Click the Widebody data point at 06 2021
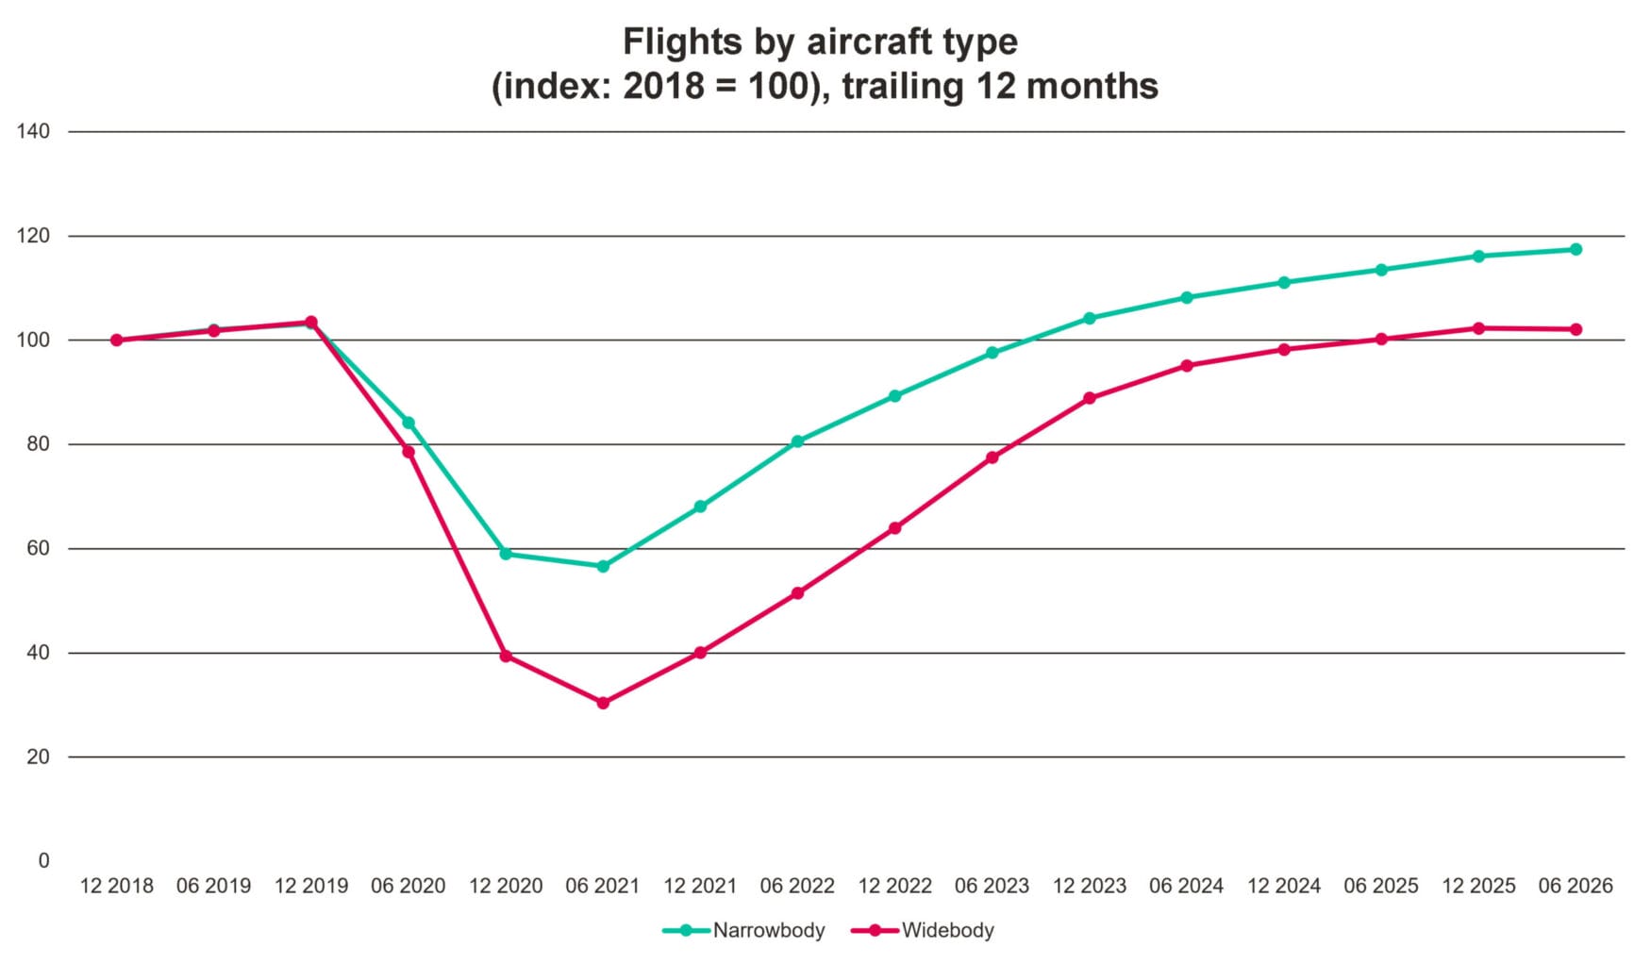tap(603, 703)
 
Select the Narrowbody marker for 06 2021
tap(603, 567)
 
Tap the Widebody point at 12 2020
tap(506, 656)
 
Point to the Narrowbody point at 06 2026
tap(1576, 250)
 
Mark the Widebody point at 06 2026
tap(1576, 329)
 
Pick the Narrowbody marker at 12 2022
tap(894, 396)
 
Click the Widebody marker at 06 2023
tap(992, 457)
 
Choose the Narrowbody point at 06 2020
tap(409, 423)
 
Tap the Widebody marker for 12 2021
tap(700, 653)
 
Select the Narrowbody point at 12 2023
tap(1090, 319)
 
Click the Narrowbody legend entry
tap(743, 931)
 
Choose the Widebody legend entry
tap(923, 931)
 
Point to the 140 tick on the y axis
tap(33, 131)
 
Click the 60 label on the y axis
tap(39, 548)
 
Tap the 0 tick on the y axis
tap(44, 861)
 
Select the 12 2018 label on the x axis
tap(117, 887)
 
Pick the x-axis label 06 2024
tap(1186, 887)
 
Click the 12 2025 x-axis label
tap(1478, 887)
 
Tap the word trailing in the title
tap(904, 87)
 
